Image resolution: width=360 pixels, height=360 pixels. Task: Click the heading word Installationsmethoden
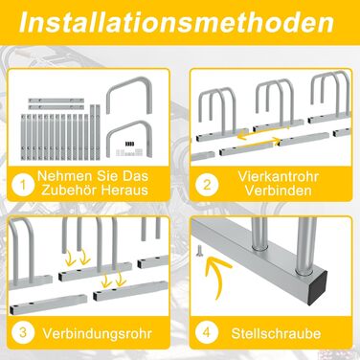click(x=176, y=22)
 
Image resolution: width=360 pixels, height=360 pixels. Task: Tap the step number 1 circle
click(x=23, y=185)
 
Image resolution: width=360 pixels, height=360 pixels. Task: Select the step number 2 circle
click(x=207, y=185)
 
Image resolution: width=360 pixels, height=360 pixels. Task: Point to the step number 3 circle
click(x=23, y=332)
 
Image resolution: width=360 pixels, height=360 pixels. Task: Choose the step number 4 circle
click(x=207, y=332)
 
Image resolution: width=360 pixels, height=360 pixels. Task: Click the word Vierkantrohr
click(x=278, y=176)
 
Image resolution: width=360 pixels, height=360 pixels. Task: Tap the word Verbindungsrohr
click(x=98, y=333)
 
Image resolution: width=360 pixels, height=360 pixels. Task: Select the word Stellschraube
click(x=276, y=333)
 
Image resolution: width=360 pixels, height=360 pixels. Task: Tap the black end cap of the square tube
click(x=319, y=287)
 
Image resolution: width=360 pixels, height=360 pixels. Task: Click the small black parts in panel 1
click(x=128, y=144)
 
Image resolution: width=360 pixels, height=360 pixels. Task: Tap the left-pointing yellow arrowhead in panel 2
click(x=242, y=135)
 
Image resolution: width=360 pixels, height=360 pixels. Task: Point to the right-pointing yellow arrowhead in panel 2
click(x=277, y=141)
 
